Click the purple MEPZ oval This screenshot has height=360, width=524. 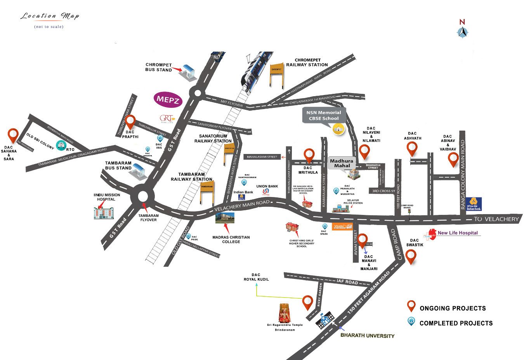pyautogui.click(x=168, y=100)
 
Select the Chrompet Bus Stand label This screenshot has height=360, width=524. pyautogui.click(x=158, y=67)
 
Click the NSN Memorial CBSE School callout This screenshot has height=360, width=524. pyautogui.click(x=324, y=116)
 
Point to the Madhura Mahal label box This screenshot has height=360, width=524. pyautogui.click(x=342, y=163)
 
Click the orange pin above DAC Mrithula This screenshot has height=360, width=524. pyautogui.click(x=309, y=155)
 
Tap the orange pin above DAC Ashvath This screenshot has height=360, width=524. pyautogui.click(x=412, y=149)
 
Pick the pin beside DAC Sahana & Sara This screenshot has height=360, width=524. pyautogui.click(x=14, y=135)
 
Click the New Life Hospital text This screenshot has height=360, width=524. pyautogui.click(x=458, y=233)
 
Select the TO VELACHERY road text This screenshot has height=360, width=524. pyautogui.click(x=496, y=219)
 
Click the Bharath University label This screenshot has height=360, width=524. pyautogui.click(x=367, y=336)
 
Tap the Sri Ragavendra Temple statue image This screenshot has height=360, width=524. pyautogui.click(x=285, y=313)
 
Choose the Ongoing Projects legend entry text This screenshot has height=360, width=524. pyautogui.click(x=453, y=308)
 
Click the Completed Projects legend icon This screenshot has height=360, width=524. pyautogui.click(x=411, y=321)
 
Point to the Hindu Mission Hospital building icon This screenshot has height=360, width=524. pyautogui.click(x=104, y=213)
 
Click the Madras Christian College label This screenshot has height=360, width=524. pyautogui.click(x=231, y=239)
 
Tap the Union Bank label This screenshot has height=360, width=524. pyautogui.click(x=267, y=186)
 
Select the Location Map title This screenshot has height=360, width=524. pyautogui.click(x=50, y=16)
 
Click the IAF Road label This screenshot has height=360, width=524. pyautogui.click(x=347, y=282)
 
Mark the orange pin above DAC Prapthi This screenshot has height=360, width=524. pyautogui.click(x=130, y=122)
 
